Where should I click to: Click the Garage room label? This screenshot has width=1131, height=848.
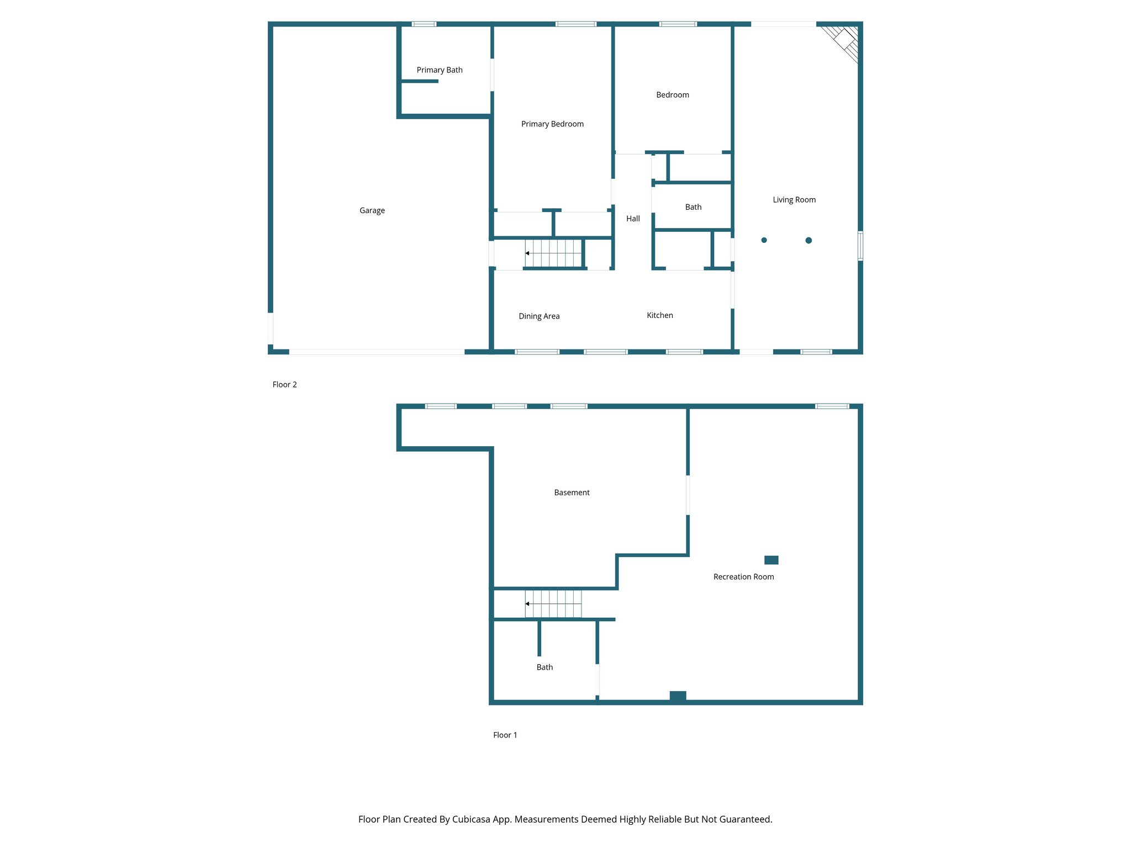point(372,210)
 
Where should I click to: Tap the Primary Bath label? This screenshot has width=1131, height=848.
point(439,70)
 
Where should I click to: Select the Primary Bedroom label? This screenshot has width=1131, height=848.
point(552,124)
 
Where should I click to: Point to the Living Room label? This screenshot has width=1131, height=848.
point(794,200)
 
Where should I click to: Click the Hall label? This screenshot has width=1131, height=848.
point(633,219)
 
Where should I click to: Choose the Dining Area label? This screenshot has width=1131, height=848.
point(539,316)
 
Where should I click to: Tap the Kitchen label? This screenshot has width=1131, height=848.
point(659,315)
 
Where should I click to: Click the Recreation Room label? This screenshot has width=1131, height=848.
point(743,577)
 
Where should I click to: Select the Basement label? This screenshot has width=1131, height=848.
point(572,492)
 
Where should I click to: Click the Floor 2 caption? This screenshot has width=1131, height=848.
point(284,385)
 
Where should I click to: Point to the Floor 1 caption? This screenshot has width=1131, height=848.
point(505,735)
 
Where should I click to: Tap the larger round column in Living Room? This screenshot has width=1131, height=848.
point(808,240)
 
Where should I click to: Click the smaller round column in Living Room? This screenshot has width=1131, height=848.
point(764,240)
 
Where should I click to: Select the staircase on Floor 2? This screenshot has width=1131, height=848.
point(553,253)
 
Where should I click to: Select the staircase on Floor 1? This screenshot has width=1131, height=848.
point(553,603)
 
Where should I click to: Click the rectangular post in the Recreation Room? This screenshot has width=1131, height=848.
point(771,560)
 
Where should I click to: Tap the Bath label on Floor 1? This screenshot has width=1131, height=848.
point(545,667)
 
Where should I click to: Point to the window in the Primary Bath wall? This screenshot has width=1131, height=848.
point(424,24)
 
